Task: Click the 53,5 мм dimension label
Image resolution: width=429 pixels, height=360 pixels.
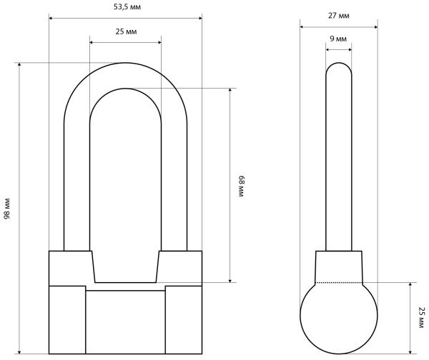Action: (x=127, y=7)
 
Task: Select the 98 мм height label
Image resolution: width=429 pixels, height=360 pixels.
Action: (x=7, y=209)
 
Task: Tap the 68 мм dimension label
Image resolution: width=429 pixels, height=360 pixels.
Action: (x=241, y=186)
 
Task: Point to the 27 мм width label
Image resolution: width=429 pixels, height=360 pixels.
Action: (x=339, y=16)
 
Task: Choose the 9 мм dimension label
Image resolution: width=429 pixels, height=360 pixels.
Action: (x=338, y=39)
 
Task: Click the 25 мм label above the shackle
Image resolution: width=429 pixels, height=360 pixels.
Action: (x=126, y=31)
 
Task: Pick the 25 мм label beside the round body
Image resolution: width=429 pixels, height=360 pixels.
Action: (x=421, y=317)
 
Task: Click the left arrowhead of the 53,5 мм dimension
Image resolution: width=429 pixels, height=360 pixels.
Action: (x=51, y=19)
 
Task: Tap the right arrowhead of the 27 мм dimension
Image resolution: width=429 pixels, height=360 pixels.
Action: (x=375, y=27)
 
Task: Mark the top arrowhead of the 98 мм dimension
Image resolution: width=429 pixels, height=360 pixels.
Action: (x=19, y=65)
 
